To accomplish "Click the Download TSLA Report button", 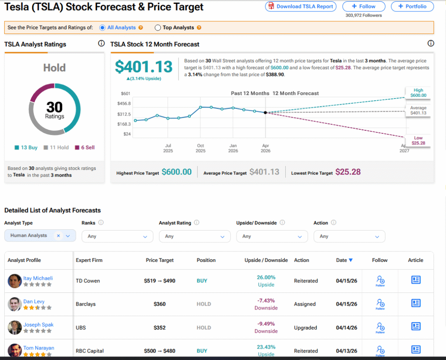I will click(301, 7).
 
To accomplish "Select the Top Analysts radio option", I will click(158, 27).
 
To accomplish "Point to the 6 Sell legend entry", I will click(84, 148).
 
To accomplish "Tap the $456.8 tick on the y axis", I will click(124, 104).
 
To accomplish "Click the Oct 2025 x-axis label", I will click(200, 148).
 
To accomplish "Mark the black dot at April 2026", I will click(265, 112).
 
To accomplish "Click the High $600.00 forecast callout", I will click(418, 93).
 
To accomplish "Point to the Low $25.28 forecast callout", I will click(418, 140).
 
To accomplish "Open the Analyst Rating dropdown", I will click(194, 236).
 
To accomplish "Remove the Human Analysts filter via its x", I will click(58, 236).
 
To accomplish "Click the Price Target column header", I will click(159, 260).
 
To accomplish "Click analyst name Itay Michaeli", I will click(38, 278).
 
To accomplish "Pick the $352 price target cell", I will click(159, 328).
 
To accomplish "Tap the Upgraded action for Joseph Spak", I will click(306, 328).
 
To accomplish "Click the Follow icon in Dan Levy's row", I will click(380, 304).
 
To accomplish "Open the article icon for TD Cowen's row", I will click(416, 280).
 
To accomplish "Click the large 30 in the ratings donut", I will click(54, 107).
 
